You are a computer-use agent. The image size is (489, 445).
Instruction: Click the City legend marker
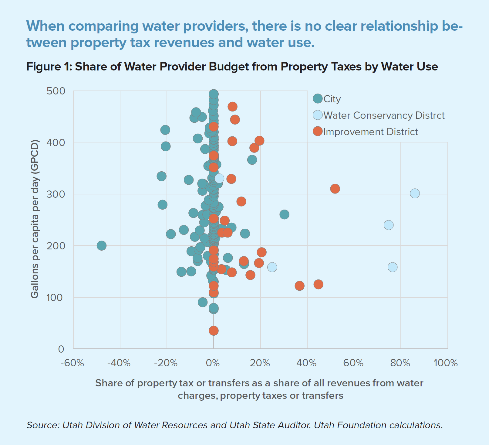tap(317, 99)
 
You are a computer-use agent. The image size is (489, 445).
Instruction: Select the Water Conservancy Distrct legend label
tap(384, 115)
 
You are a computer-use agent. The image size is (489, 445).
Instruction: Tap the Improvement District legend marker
tap(317, 132)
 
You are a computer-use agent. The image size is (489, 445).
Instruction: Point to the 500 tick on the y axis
tap(56, 91)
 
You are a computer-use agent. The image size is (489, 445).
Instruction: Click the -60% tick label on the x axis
tap(72, 363)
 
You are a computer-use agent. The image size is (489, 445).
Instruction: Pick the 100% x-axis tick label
tap(445, 363)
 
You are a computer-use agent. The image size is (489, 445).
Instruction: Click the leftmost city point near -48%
tap(102, 245)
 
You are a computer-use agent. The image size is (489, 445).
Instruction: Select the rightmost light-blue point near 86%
tap(415, 193)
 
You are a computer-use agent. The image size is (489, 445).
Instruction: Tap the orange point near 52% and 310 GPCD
tap(335, 189)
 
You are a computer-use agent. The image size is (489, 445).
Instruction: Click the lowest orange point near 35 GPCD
tap(214, 330)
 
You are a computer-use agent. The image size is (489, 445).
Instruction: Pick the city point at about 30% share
tap(284, 214)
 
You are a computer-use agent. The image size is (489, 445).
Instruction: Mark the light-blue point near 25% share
tap(272, 267)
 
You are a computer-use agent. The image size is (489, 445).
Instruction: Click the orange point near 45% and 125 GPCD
tap(318, 284)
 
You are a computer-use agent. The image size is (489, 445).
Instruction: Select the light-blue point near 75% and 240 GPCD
tap(389, 225)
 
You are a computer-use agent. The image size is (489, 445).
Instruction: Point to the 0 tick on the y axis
tap(61, 349)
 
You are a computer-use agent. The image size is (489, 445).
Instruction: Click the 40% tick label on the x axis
tap(306, 363)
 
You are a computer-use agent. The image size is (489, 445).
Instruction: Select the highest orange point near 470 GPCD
tap(232, 107)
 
